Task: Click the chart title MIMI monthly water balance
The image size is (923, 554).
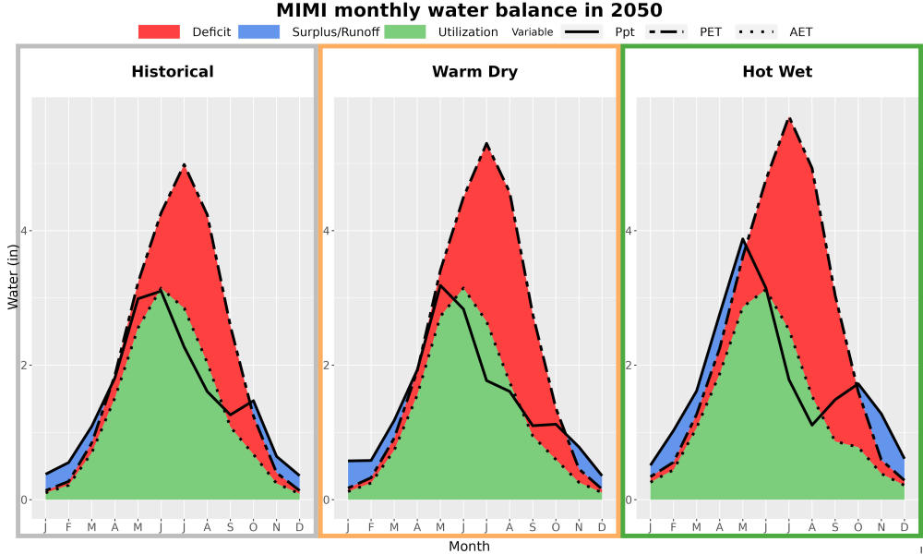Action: click(470, 10)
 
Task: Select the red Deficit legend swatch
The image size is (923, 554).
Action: click(159, 31)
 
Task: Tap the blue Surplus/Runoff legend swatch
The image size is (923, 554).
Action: click(259, 31)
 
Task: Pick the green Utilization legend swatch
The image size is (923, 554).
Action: click(405, 31)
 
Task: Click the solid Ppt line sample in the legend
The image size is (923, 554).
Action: click(581, 31)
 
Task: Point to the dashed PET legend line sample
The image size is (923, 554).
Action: click(665, 31)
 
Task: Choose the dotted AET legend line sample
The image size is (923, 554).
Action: click(755, 31)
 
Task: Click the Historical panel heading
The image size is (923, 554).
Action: click(173, 72)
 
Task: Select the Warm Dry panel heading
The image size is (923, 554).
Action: click(474, 72)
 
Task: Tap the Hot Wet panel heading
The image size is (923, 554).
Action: click(777, 72)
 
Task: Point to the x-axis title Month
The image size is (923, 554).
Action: click(469, 547)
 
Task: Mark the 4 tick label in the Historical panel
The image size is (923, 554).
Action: click(25, 231)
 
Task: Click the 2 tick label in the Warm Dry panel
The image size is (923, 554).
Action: click(327, 365)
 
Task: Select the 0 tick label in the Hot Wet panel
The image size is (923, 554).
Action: click(629, 500)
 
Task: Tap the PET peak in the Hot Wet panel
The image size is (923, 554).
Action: click(789, 119)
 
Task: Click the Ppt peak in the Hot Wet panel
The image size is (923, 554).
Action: click(743, 239)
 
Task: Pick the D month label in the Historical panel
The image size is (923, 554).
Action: click(300, 527)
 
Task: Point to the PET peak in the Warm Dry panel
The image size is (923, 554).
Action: click(486, 144)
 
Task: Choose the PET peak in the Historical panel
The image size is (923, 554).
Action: click(185, 165)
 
